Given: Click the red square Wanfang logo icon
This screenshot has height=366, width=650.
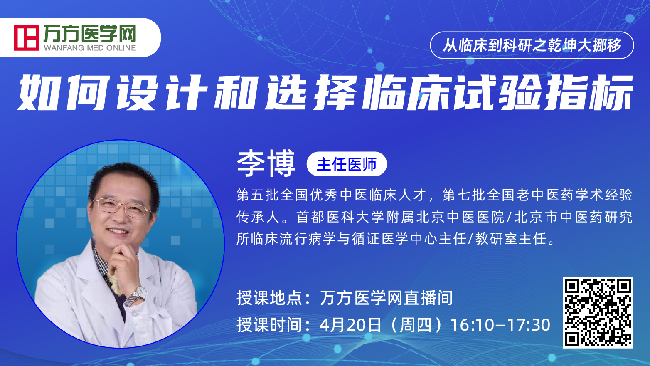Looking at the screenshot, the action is tap(27, 37).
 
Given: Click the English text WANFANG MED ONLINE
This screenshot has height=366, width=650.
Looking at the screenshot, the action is tap(90, 48).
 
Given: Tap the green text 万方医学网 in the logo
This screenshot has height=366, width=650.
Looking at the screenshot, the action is tap(90, 33).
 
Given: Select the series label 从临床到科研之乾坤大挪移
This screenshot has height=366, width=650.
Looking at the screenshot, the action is tap(532, 45).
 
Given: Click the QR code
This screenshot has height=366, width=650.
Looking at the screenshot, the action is tap(598, 312).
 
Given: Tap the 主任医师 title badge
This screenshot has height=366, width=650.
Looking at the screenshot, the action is tap(347, 164).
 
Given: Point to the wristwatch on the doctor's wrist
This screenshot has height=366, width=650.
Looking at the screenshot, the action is tap(135, 296).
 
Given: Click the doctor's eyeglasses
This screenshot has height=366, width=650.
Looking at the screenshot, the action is tap(122, 207).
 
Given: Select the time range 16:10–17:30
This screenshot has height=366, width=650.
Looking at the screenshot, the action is tap(500, 325).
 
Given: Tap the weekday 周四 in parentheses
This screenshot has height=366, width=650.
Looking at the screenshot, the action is tap(416, 325).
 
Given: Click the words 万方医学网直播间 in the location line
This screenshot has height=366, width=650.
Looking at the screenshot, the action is tap(386, 298).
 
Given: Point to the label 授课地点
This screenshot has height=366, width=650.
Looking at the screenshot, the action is tap(269, 298).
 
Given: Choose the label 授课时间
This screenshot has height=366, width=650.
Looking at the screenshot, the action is tap(269, 325).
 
